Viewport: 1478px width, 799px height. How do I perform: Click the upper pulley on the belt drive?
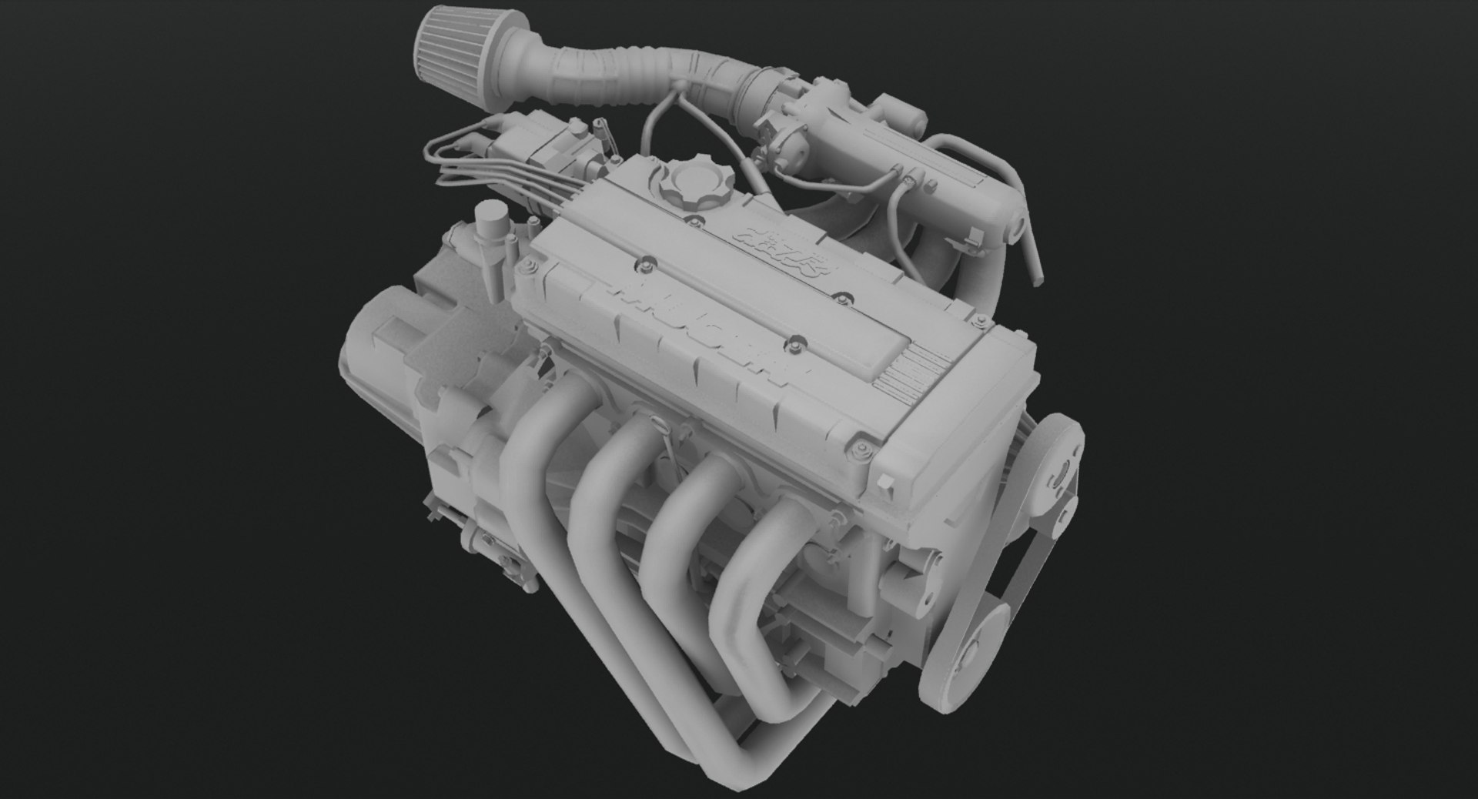pyautogui.click(x=1058, y=470)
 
